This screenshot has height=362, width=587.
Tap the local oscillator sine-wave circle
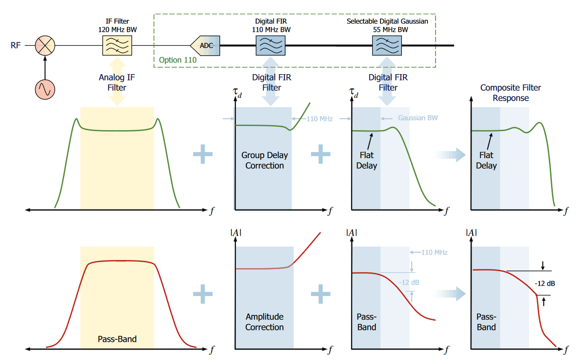[x=45, y=89]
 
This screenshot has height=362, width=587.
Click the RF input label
[x=16, y=45]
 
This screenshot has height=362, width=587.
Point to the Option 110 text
[x=177, y=60]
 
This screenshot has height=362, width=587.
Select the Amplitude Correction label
[x=264, y=322]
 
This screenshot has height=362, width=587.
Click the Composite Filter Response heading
[x=510, y=93]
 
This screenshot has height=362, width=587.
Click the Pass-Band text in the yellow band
[x=117, y=339]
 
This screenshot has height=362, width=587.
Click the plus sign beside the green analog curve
[x=203, y=155]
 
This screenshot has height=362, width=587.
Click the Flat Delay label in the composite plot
[x=486, y=161]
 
